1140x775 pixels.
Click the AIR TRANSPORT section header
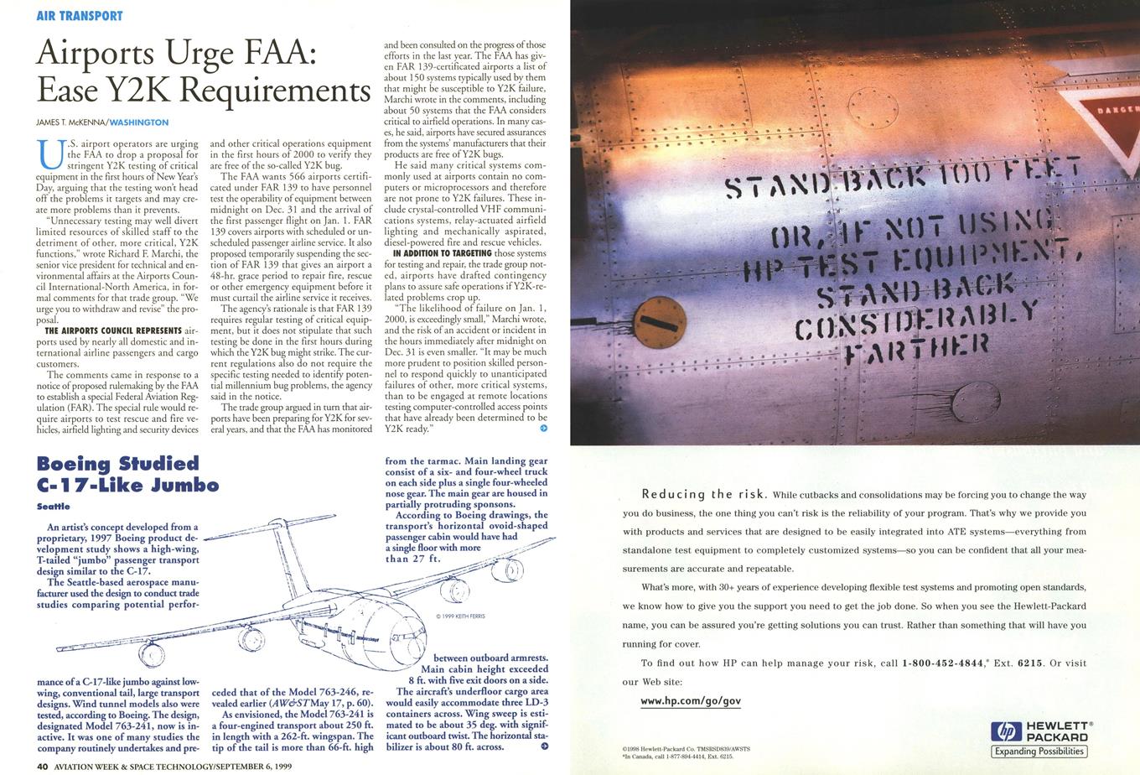80,16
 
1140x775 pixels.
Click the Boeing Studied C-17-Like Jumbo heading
127,474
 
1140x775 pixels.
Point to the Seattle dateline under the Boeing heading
54,507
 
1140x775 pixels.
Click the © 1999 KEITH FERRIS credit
461,616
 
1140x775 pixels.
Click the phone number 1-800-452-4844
942,663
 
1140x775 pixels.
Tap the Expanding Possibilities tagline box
1039,752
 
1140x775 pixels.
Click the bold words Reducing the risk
698,494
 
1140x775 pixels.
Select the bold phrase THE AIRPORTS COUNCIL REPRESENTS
112,330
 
